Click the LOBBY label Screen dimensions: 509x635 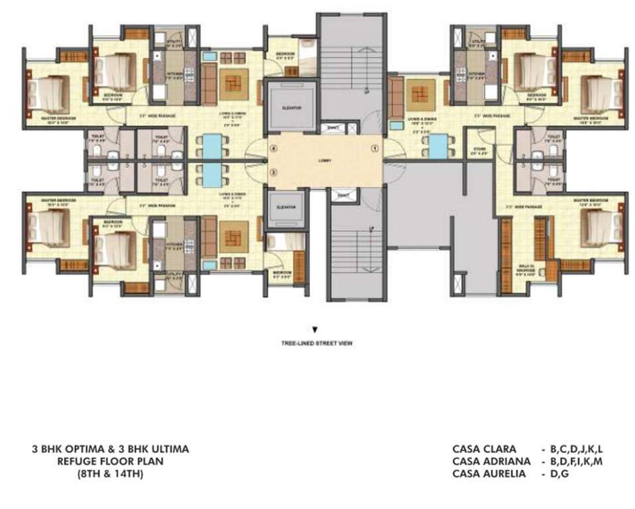point(324,161)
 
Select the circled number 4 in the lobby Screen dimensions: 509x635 point(272,148)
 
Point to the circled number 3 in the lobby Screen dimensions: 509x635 point(272,173)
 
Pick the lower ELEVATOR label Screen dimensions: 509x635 point(286,207)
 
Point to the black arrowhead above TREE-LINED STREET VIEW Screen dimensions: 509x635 point(315,329)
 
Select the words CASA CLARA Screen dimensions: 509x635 point(484,449)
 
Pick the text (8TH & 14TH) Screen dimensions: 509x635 point(110,474)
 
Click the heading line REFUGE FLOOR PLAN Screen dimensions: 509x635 point(110,461)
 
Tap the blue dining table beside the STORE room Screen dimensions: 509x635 point(438,147)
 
